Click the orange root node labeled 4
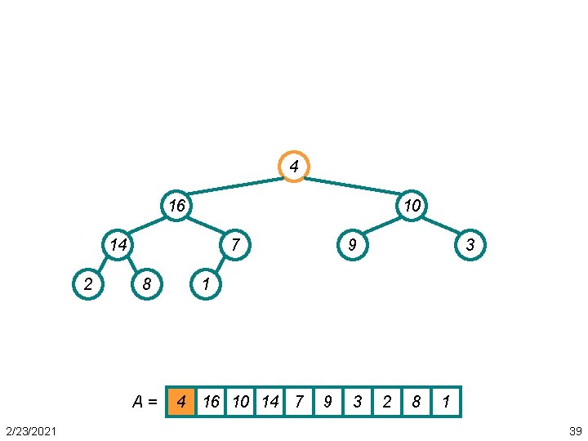tap(294, 167)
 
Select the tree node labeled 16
tap(176, 206)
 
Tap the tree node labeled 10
tap(412, 206)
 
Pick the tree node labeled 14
tap(118, 244)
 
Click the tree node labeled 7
tap(234, 244)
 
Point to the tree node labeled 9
tap(352, 244)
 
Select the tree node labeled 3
tap(470, 244)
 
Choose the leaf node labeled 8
tap(147, 283)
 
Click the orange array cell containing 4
tap(181, 402)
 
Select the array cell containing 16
tap(211, 402)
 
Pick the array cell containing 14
tap(269, 402)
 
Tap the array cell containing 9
tap(328, 402)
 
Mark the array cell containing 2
tap(387, 402)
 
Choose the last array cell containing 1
tap(446, 402)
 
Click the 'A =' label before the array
tap(145, 402)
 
